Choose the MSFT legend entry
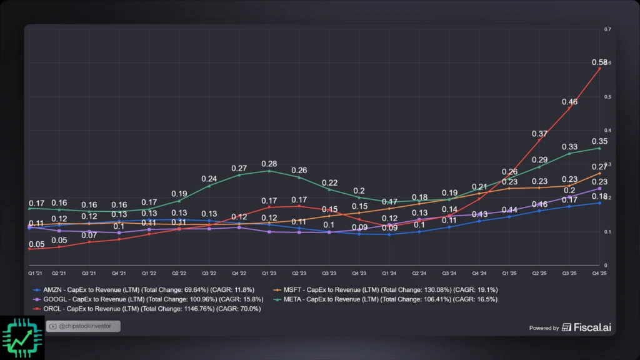tap(386, 290)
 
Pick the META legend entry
tap(386, 299)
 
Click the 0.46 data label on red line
tap(569, 102)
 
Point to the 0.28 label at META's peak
tap(269, 164)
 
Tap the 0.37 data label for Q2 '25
tap(539, 134)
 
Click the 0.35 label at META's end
tap(599, 141)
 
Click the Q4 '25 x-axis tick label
tap(599, 274)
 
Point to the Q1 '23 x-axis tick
tap(269, 274)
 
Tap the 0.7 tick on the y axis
tap(607, 29)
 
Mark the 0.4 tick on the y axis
tap(607, 131)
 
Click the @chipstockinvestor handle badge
tap(82, 326)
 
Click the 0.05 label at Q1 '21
tap(37, 244)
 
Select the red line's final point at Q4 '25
tap(600, 68)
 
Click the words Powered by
tap(544, 328)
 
